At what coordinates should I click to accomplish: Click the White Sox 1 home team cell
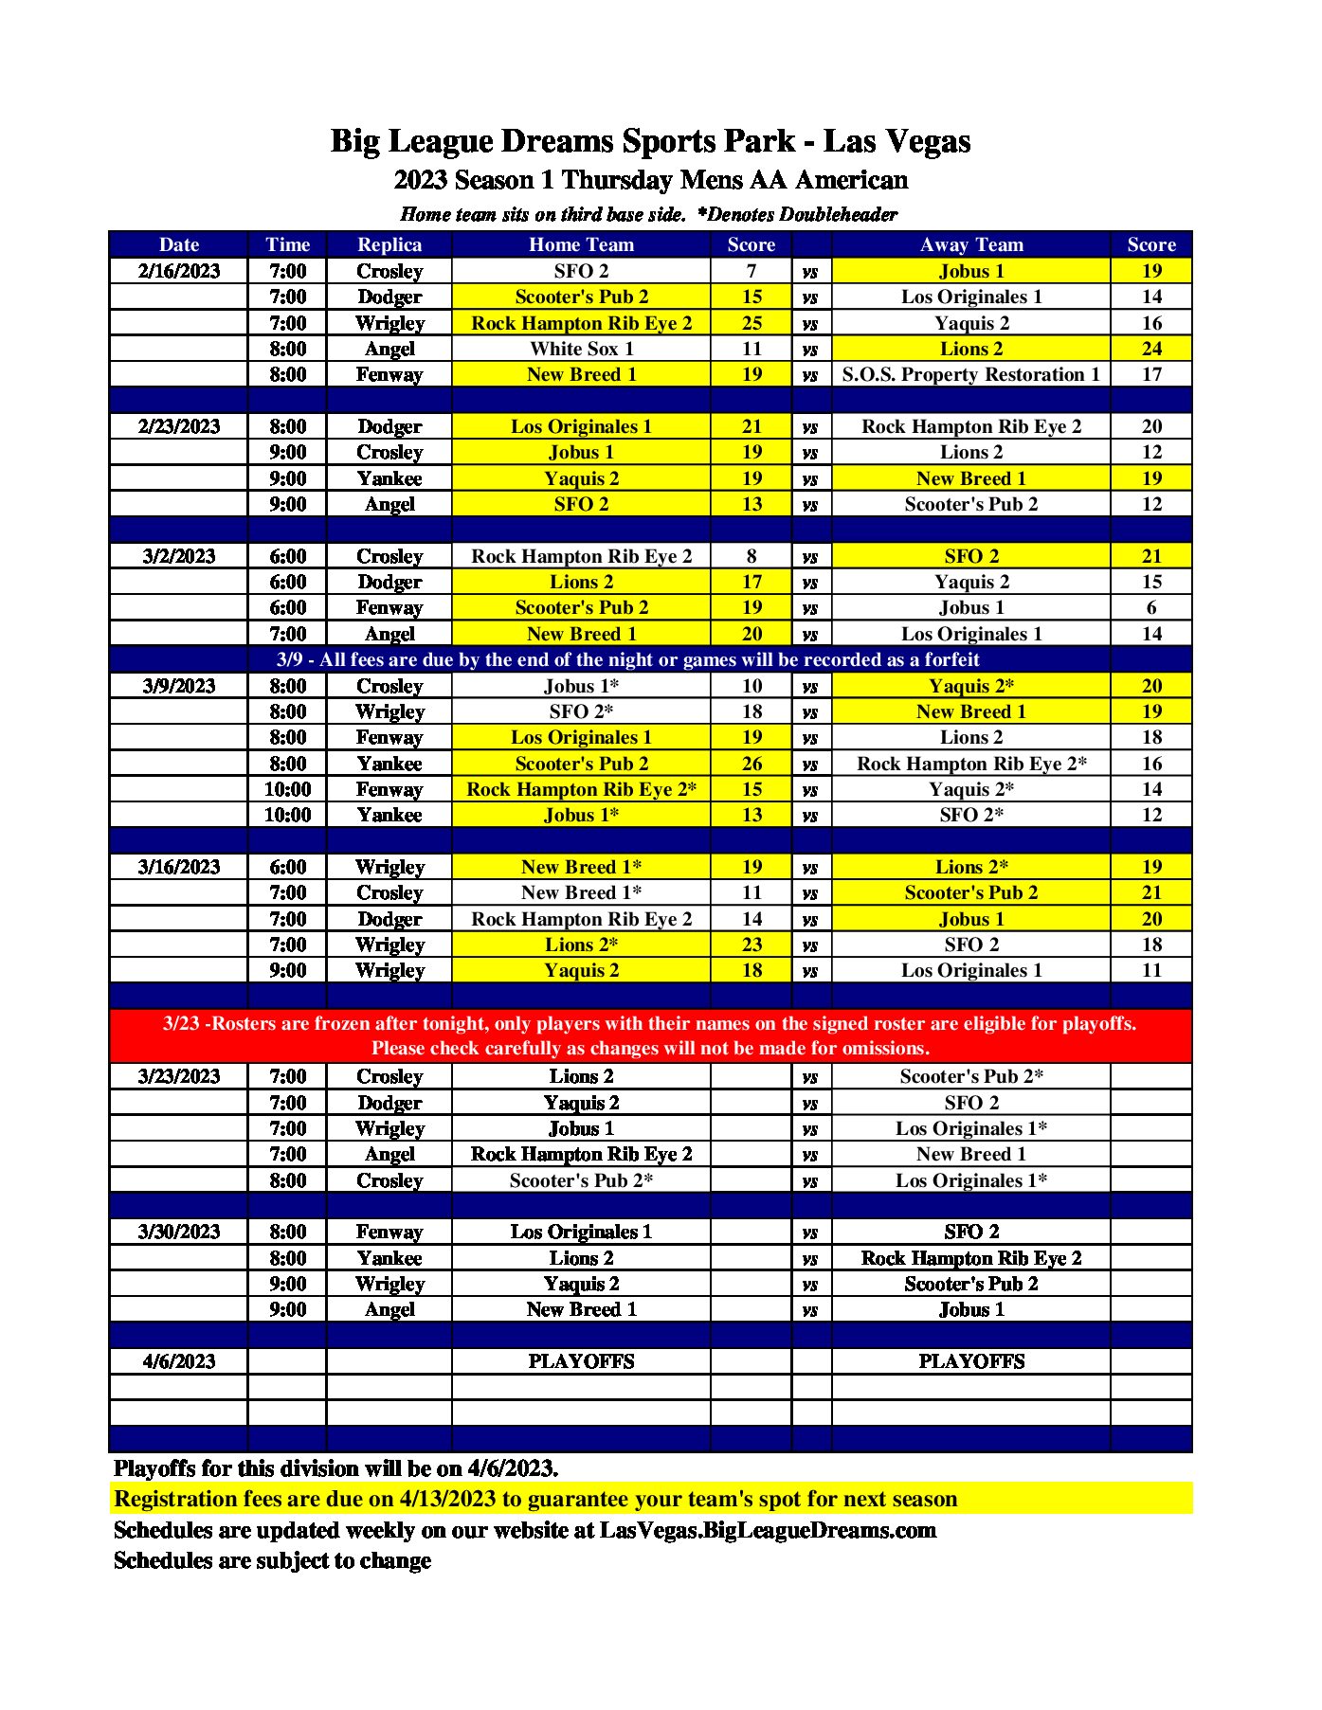coord(581,349)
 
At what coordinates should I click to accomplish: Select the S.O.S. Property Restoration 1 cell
coord(970,374)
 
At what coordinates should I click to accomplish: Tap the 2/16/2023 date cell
coord(178,271)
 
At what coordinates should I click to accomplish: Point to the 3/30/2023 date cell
coord(178,1232)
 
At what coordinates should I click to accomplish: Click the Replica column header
coord(389,244)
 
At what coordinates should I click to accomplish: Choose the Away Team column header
coord(970,244)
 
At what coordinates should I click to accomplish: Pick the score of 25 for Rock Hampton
coord(752,323)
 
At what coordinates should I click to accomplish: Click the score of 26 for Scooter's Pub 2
coord(752,764)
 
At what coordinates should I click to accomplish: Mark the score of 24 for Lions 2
coord(1150,349)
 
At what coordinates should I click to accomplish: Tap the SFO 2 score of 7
coord(752,271)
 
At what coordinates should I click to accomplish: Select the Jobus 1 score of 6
coord(1150,607)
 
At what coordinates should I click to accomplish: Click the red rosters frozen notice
coord(650,1035)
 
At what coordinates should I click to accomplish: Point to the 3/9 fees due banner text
coord(627,659)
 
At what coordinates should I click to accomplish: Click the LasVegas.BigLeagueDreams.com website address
coord(768,1530)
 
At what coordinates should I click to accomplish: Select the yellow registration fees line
coord(535,1499)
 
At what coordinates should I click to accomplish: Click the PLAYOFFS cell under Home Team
coord(581,1361)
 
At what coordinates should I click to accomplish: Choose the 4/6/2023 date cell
coord(178,1361)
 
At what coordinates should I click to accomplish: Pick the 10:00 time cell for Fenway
coord(287,789)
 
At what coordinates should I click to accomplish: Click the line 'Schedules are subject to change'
coord(272,1560)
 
